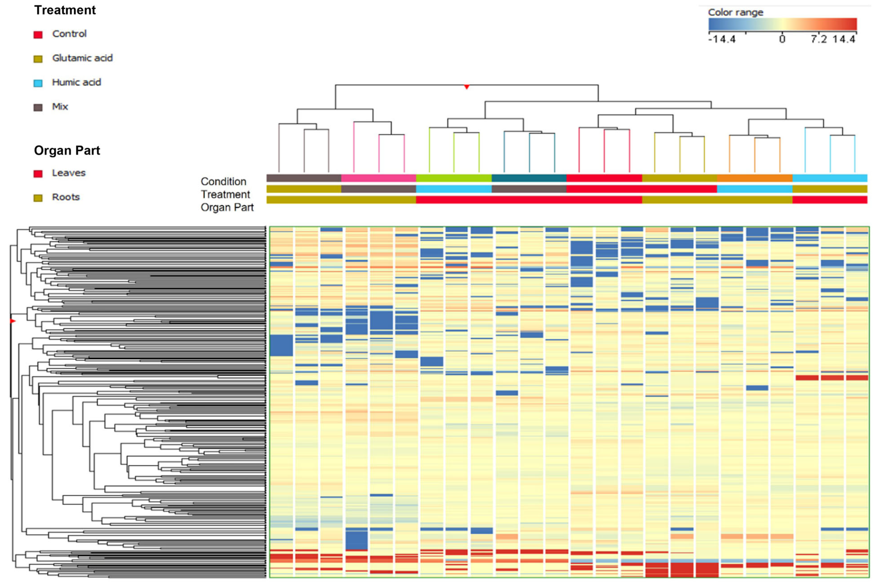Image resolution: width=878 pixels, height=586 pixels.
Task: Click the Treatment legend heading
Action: point(65,10)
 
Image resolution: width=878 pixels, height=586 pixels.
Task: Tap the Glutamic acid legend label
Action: point(82,58)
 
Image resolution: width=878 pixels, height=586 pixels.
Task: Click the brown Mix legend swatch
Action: point(38,108)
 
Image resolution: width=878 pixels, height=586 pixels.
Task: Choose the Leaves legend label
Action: point(69,173)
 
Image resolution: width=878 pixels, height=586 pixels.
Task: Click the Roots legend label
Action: point(66,197)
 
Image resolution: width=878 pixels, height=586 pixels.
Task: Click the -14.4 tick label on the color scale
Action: point(722,39)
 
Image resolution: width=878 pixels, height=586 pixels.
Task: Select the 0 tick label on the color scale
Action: point(782,39)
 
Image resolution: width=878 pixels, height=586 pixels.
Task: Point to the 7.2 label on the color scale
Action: point(818,39)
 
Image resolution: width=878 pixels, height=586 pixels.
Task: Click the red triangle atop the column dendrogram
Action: point(466,87)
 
